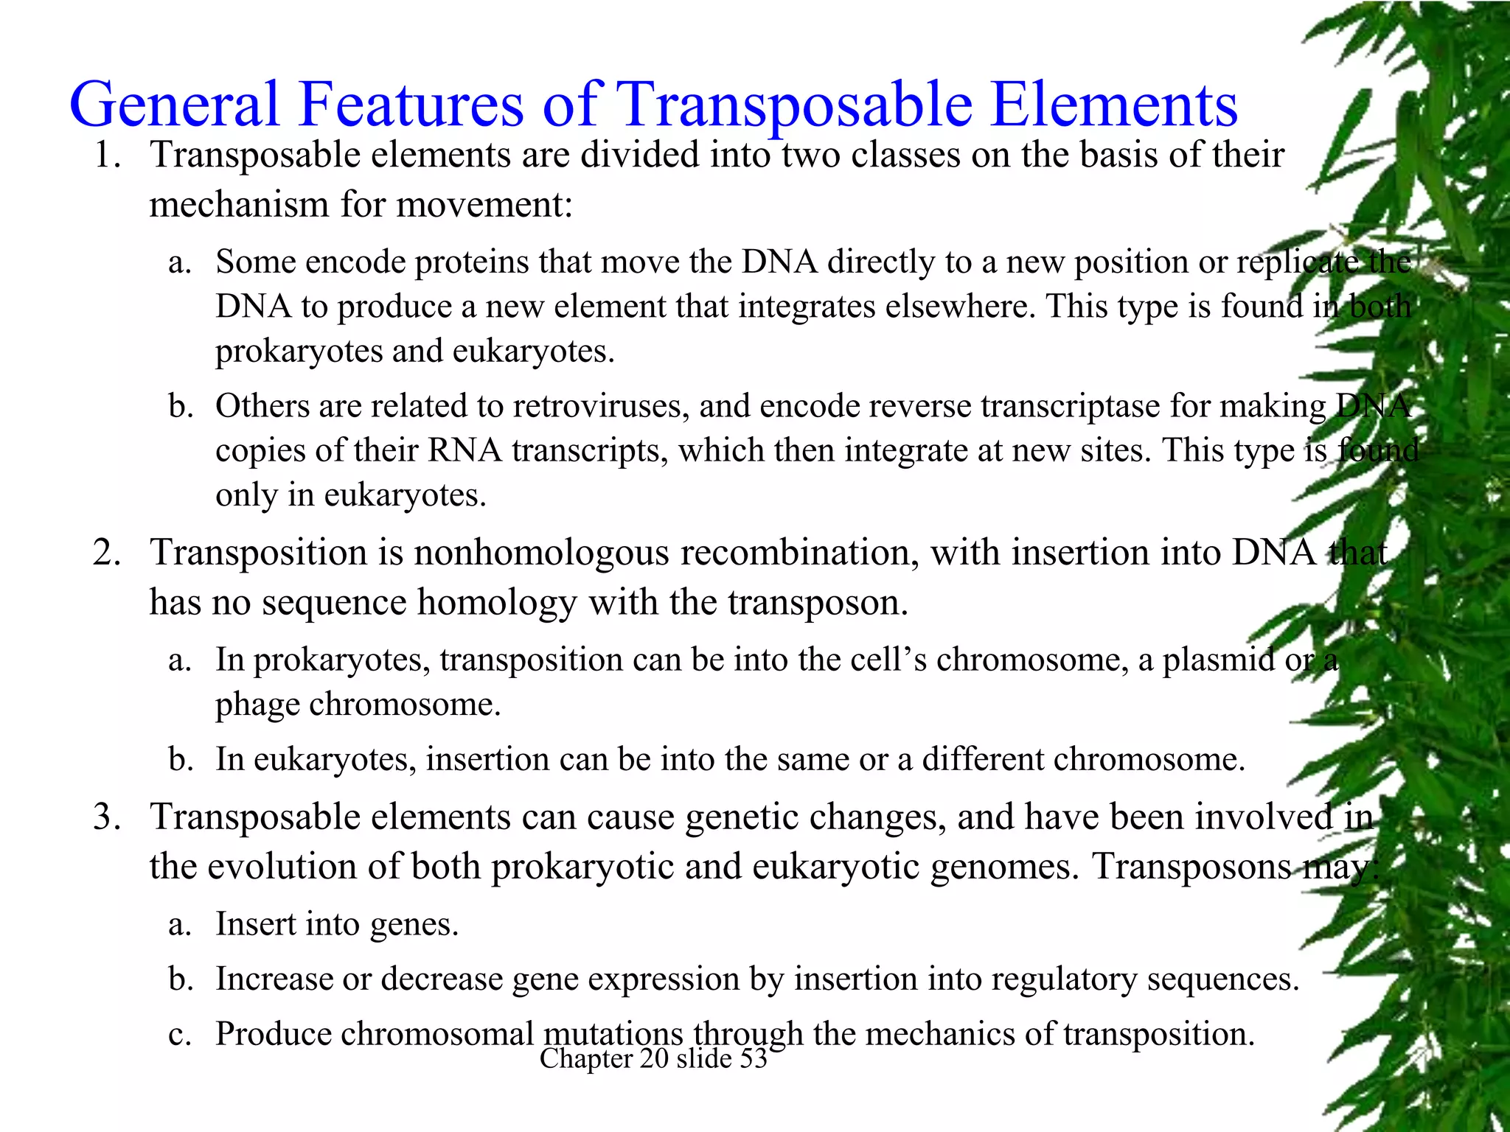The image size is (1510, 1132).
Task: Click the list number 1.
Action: (x=108, y=156)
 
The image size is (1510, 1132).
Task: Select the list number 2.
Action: (x=108, y=553)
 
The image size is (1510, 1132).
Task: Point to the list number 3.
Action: (x=108, y=817)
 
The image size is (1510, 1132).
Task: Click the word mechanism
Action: (x=237, y=205)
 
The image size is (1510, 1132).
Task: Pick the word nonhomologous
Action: (x=541, y=553)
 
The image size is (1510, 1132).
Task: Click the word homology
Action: (x=496, y=603)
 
